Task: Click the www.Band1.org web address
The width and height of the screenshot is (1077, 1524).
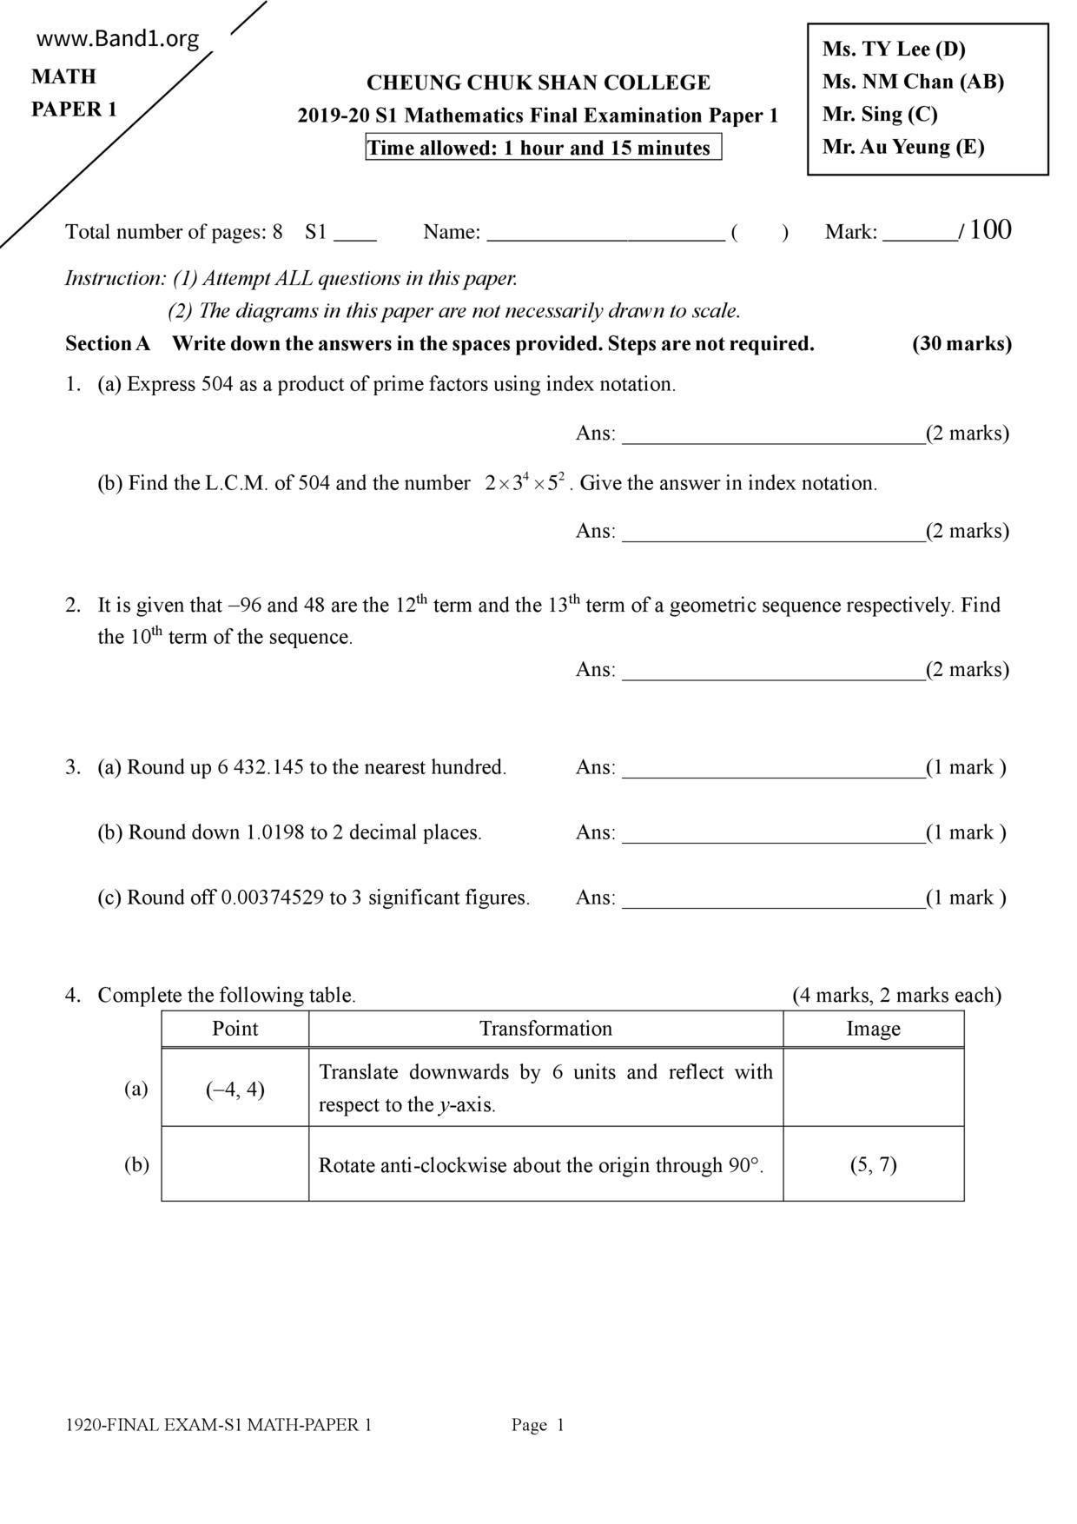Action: pyautogui.click(x=118, y=39)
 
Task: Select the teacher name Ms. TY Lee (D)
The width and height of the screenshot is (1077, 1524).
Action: pyautogui.click(x=894, y=50)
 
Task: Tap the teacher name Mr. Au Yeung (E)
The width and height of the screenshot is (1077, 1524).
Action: pyautogui.click(x=903, y=147)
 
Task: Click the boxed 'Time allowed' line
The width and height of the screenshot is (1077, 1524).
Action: pyautogui.click(x=543, y=149)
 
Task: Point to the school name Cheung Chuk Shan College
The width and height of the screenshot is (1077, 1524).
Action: pyautogui.click(x=538, y=83)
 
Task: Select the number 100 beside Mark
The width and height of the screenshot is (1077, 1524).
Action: pyautogui.click(x=990, y=230)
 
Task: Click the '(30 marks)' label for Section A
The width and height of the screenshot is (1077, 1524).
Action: pyautogui.click(x=961, y=344)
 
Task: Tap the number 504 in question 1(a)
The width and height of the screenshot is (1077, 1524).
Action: pyautogui.click(x=217, y=385)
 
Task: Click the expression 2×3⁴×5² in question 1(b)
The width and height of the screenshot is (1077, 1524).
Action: pyautogui.click(x=525, y=482)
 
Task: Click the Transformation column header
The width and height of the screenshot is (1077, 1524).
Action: pyautogui.click(x=545, y=1030)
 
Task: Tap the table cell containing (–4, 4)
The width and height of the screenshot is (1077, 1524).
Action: pyautogui.click(x=235, y=1090)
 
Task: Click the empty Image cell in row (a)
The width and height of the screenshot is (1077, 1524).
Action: pyautogui.click(x=873, y=1089)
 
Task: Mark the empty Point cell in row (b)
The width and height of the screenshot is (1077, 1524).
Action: pyautogui.click(x=235, y=1165)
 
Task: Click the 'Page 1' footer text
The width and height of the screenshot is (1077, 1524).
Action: pyautogui.click(x=538, y=1425)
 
